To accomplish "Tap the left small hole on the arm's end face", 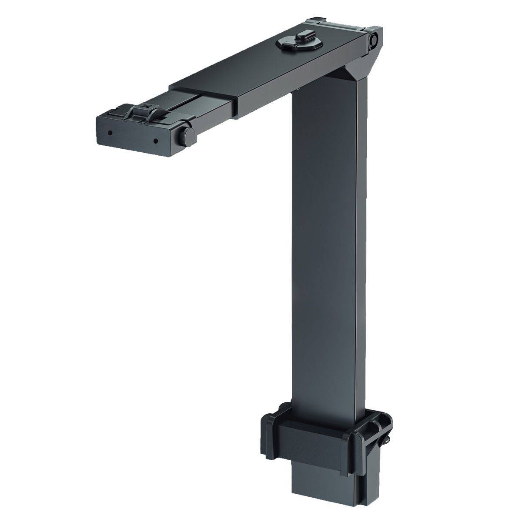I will tap(110, 132).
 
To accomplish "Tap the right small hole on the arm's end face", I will tap(155, 141).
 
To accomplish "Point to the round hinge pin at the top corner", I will tap(373, 40).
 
